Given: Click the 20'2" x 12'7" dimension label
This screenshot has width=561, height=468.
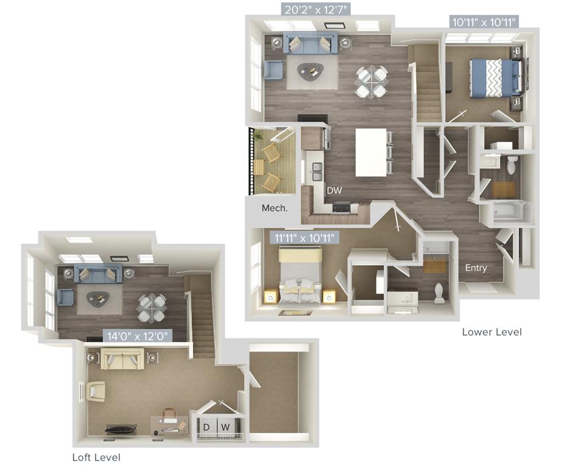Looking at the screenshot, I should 316,9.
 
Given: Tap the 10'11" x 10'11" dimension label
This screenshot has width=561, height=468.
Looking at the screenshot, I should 484,23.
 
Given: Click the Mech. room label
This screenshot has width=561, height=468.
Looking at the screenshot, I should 274,208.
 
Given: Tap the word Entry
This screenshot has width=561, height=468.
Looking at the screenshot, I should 476,268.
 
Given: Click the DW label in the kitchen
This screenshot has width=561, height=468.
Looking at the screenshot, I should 334,191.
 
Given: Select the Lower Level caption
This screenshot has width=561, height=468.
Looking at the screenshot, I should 492,332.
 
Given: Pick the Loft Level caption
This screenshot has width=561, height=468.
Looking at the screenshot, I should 96,457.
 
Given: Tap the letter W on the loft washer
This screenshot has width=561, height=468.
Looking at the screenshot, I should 225,427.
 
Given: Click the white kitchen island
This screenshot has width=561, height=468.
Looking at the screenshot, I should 371,152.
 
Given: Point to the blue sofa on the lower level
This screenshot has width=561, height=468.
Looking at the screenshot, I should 303,44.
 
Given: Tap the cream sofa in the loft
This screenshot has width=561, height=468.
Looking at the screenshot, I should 123,360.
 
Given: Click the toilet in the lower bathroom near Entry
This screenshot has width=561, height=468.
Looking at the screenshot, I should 439,293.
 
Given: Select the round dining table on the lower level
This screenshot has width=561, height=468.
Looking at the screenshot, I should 371,82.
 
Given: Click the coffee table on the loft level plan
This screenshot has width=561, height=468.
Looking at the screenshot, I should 98,299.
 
